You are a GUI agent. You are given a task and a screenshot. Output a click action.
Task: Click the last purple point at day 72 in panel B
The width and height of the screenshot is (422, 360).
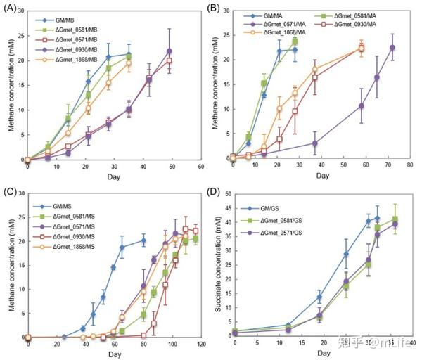click(392, 48)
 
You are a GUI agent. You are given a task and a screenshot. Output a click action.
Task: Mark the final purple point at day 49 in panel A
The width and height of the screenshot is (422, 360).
click(169, 51)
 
